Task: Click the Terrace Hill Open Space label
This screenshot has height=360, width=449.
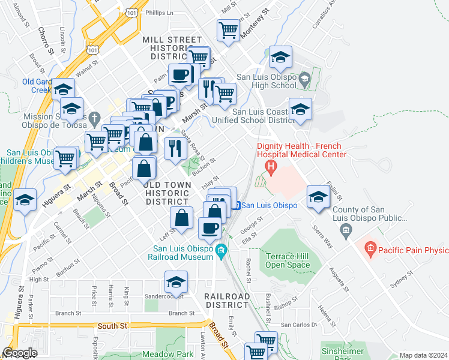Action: point(287,260)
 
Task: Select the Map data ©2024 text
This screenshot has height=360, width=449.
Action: point(423,355)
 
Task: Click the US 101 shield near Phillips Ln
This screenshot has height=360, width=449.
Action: point(131,11)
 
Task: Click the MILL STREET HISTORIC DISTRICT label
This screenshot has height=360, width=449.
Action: point(172,47)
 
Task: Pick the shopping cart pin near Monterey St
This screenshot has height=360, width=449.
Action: point(228,30)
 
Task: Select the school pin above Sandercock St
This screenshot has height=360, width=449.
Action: point(176,281)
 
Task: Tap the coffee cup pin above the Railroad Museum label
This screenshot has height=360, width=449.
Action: point(210,227)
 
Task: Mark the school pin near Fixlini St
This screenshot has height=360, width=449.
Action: point(318,197)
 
